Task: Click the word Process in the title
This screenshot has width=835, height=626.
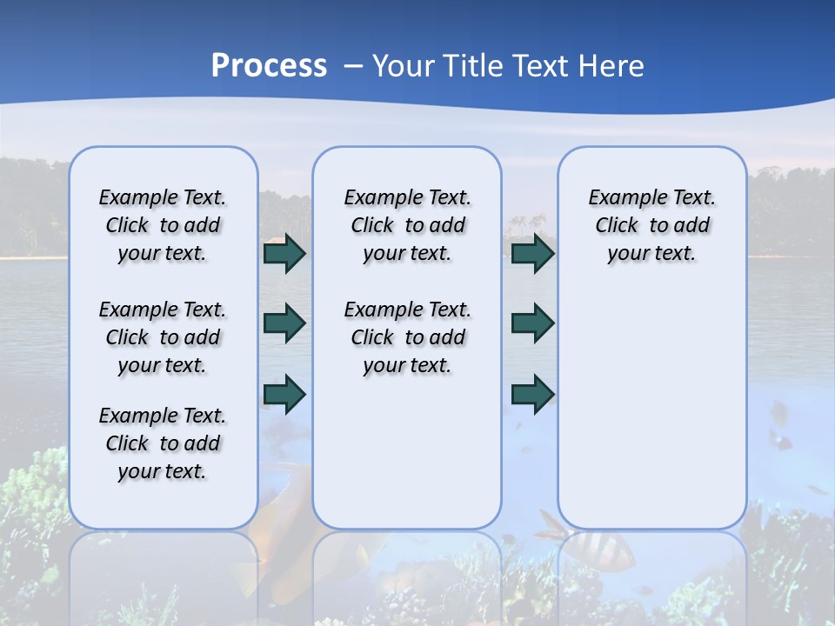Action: (269, 66)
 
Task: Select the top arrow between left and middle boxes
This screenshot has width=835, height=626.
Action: (284, 253)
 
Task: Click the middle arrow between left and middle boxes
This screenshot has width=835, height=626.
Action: (284, 323)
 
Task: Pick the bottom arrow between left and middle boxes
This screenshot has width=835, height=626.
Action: (284, 394)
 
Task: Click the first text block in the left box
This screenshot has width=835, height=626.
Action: (163, 225)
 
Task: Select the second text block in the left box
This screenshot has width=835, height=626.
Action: (163, 337)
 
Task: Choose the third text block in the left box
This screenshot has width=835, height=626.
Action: (163, 443)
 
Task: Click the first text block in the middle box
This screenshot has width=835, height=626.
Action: (407, 225)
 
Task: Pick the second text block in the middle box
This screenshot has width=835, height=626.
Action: (407, 337)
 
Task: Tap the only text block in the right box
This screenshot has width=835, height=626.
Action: (651, 225)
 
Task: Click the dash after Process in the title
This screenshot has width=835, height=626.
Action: (353, 66)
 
